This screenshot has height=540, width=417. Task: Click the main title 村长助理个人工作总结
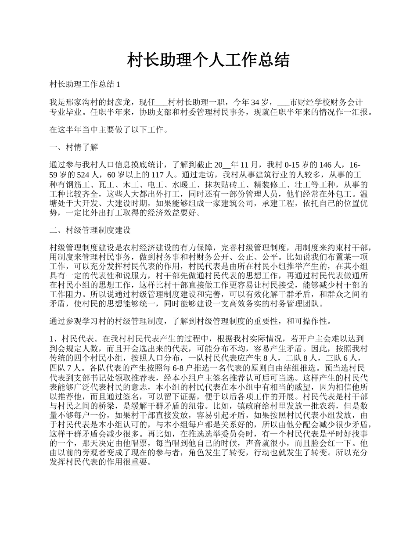[x=208, y=60]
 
